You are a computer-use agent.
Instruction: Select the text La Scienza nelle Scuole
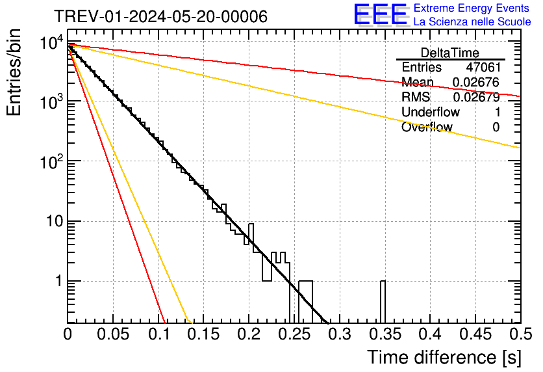click(x=472, y=21)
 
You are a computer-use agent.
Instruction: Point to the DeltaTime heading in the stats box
click(x=450, y=53)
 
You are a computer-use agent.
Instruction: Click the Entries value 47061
click(x=483, y=68)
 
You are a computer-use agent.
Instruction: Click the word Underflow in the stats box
click(x=430, y=113)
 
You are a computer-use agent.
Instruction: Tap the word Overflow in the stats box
click(x=427, y=127)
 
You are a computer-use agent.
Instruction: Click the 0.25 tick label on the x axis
click(x=294, y=334)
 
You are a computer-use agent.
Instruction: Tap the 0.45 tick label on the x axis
click(x=475, y=334)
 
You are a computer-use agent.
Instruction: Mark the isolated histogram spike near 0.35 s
click(x=383, y=300)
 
